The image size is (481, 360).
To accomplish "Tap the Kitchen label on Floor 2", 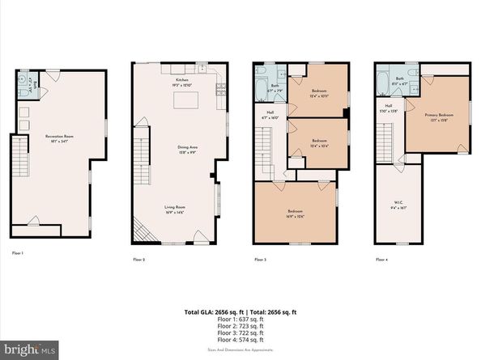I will (182, 80).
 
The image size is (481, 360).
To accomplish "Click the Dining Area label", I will (187, 148).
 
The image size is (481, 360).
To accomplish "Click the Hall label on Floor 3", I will (270, 114).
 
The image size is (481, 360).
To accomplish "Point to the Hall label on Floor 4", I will (389, 108).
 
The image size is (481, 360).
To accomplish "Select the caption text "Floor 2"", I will (138, 260).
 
